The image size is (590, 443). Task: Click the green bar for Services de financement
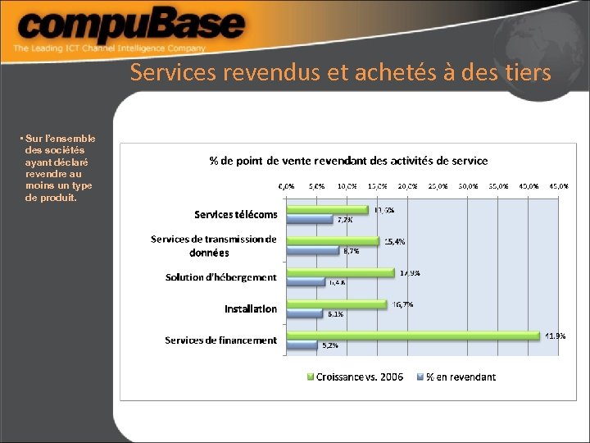click(414, 336)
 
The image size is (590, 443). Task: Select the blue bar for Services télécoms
click(308, 220)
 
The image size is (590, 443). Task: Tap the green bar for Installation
click(336, 304)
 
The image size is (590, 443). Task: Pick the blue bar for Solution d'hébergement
click(305, 282)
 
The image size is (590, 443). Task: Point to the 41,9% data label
click(555, 336)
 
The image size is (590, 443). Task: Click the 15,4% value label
click(394, 241)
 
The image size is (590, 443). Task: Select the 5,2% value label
click(329, 345)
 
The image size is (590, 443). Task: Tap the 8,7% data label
click(351, 251)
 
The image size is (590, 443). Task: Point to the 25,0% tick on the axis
click(438, 186)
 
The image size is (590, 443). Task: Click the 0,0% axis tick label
click(287, 186)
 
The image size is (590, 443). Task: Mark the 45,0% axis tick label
click(559, 186)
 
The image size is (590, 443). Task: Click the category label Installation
click(251, 309)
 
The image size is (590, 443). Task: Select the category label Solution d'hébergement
click(220, 277)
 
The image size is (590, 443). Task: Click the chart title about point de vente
click(348, 161)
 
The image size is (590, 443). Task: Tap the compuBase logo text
click(131, 27)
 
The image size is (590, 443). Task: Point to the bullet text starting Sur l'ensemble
click(59, 168)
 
